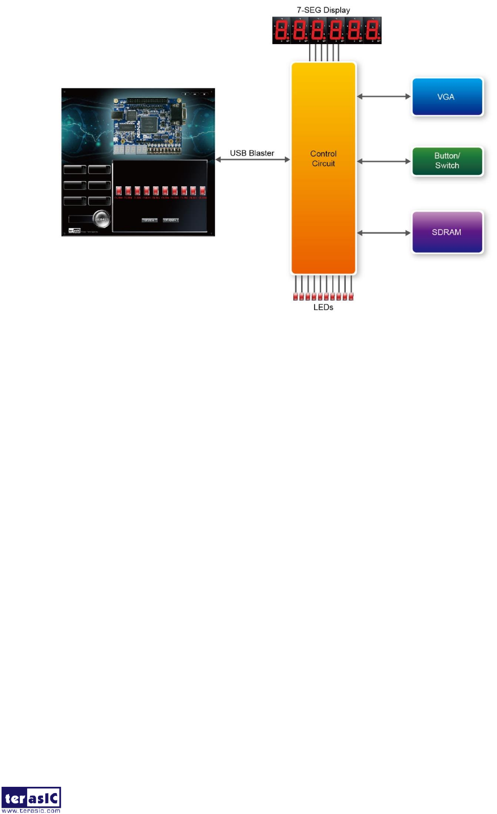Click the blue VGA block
(x=447, y=97)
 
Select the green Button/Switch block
(x=447, y=161)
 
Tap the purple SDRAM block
(x=447, y=232)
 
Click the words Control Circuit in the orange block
(x=323, y=158)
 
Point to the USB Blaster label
(x=252, y=153)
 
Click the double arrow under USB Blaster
(x=252, y=160)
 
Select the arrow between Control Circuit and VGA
(x=384, y=97)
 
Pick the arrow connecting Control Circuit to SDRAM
(x=384, y=233)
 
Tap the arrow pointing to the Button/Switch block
(x=384, y=161)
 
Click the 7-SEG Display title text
(x=323, y=10)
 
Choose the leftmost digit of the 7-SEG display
(x=281, y=31)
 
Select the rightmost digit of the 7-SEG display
(x=372, y=31)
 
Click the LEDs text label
(x=323, y=307)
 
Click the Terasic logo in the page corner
(x=31, y=798)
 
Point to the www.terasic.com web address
(x=31, y=811)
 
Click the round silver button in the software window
(x=102, y=219)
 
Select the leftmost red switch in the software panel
(x=119, y=191)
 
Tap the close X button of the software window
(x=204, y=93)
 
